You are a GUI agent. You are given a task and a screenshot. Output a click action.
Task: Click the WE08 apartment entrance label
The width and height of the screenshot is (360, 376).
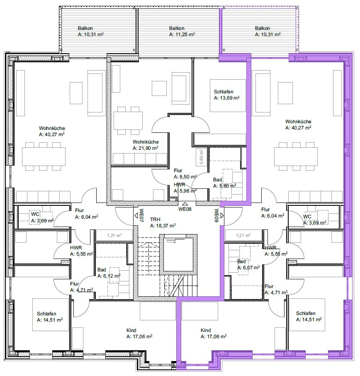(x=185, y=209)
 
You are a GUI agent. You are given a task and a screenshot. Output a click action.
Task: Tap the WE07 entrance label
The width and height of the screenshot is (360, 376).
(x=142, y=215)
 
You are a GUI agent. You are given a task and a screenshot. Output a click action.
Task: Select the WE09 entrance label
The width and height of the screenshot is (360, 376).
(x=216, y=215)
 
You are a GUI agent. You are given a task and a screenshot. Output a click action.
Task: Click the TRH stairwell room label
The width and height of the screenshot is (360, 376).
(x=155, y=220)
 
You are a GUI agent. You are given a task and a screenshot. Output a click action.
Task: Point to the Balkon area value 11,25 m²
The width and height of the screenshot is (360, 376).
(x=182, y=34)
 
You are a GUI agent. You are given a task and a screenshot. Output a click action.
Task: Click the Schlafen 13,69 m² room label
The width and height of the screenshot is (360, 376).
(x=227, y=95)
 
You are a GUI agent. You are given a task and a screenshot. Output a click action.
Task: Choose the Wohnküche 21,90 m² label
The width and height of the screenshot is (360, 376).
(x=146, y=145)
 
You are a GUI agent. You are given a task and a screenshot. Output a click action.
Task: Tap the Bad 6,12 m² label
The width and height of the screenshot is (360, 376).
(x=109, y=273)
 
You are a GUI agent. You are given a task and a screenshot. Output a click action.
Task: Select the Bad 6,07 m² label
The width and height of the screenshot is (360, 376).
(x=248, y=264)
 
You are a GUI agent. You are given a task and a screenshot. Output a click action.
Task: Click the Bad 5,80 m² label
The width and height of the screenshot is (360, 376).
(x=224, y=183)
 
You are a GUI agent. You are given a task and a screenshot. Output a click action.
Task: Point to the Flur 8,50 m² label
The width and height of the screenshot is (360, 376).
(x=185, y=174)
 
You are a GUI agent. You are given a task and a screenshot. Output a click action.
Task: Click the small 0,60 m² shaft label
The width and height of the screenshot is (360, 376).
(x=201, y=157)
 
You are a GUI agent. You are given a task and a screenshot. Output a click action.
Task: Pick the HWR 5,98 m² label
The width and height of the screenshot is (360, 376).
(x=185, y=188)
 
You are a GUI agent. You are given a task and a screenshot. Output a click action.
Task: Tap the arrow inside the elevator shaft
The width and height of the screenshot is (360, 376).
(x=172, y=242)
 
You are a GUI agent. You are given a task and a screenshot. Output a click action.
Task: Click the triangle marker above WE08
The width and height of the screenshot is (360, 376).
(x=185, y=204)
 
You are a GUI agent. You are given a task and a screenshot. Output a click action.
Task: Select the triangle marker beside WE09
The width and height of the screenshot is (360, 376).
(x=222, y=215)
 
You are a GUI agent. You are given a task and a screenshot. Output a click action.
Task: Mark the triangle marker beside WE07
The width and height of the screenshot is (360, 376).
(x=136, y=215)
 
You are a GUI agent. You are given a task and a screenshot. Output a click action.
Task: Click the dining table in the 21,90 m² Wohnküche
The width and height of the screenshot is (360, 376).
(x=128, y=121)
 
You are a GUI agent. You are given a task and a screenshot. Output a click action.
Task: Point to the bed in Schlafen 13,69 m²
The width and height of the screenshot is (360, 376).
(x=228, y=96)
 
